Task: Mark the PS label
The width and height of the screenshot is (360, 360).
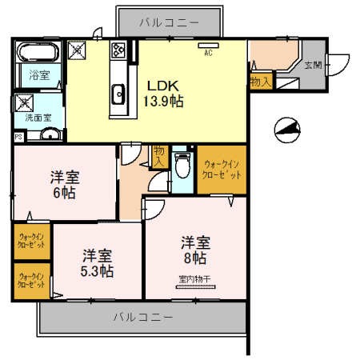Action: [x=18, y=137]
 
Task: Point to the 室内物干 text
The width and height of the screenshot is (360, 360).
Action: [x=194, y=279]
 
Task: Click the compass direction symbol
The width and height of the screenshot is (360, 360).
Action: [x=286, y=127]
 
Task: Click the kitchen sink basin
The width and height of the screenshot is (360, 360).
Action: [x=121, y=93]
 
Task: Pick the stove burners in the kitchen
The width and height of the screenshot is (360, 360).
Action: [x=118, y=50]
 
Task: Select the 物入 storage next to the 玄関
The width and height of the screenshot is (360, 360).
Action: [x=260, y=81]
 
